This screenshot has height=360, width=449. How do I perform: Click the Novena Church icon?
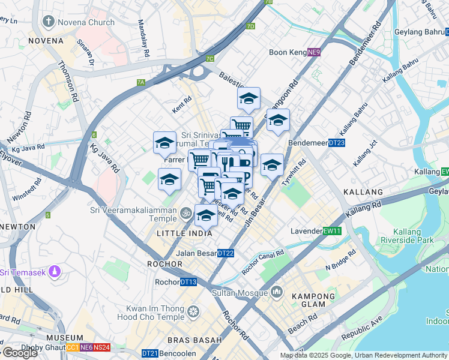click(x=48, y=23)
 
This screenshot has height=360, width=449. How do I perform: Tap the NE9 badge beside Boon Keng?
click(x=314, y=52)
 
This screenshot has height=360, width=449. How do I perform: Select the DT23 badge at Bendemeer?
click(x=337, y=143)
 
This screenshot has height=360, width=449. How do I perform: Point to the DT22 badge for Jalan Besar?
click(x=226, y=253)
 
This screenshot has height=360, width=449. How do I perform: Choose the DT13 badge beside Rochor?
click(x=188, y=282)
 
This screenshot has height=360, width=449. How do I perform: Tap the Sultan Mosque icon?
click(x=276, y=293)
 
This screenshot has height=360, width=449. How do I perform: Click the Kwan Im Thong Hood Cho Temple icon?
click(x=193, y=311)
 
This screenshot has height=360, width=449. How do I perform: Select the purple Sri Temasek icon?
click(x=55, y=272)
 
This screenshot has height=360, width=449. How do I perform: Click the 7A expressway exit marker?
click(x=141, y=82)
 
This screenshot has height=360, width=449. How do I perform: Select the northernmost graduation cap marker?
click(x=249, y=98)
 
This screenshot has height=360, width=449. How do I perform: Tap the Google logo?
click(x=20, y=353)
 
